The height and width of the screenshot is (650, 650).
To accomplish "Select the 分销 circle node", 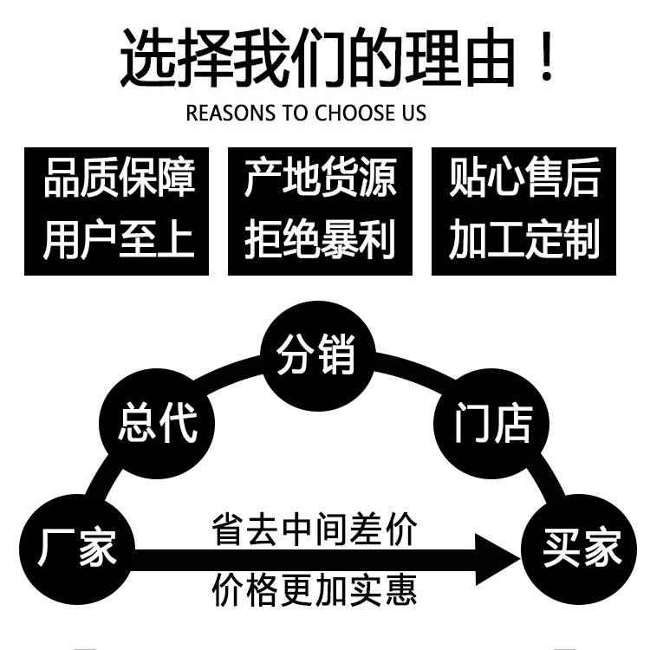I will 316,355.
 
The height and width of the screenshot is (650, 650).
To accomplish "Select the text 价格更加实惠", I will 315,589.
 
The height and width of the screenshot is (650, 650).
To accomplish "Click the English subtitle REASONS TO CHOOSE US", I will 307,114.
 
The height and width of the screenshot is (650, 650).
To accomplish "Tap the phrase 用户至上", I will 119,238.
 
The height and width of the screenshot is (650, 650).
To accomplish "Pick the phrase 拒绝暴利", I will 320,238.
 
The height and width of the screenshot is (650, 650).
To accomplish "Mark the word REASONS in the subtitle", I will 220,114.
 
